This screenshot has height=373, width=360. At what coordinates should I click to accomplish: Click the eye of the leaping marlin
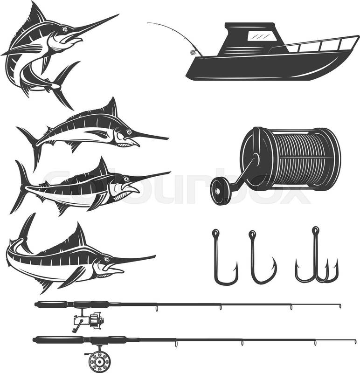tap(64, 29)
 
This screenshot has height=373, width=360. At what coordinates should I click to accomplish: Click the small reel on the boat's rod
tap(193, 52)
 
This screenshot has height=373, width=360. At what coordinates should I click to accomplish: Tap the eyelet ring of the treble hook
tap(316, 230)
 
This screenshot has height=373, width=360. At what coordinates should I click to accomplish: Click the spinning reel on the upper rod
tap(89, 320)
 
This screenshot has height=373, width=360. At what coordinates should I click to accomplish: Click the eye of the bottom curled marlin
tap(106, 259)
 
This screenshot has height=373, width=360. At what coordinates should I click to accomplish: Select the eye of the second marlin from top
tap(129, 131)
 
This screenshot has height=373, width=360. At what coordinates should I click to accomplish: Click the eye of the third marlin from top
tap(125, 179)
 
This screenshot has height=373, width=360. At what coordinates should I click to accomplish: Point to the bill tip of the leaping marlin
tap(119, 14)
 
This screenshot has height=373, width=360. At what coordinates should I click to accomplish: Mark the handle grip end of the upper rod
tap(36, 304)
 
